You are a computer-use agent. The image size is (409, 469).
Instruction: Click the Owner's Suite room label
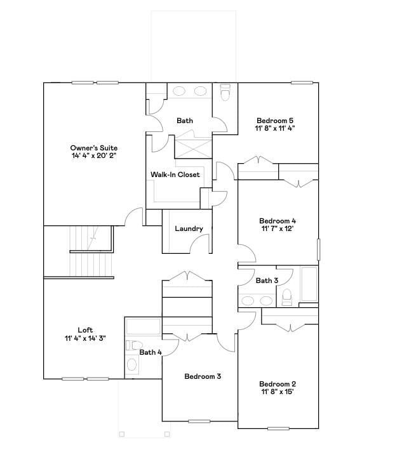pos(94,147)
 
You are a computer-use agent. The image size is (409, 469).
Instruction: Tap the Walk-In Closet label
pos(175,175)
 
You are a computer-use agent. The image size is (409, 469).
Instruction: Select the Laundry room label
pos(189,229)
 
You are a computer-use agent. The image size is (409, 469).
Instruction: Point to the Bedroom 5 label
pos(275,120)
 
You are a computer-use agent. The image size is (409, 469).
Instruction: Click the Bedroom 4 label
pos(278,221)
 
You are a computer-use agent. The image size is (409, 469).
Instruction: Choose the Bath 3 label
pos(267,281)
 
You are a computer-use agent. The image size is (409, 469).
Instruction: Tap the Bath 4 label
pos(151,352)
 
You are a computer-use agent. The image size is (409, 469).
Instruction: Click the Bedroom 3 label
pos(203,376)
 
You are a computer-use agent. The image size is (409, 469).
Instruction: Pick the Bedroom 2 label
pos(278,384)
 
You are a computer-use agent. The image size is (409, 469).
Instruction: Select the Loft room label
pos(85,330)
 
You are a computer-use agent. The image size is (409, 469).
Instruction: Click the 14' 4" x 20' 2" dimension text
pos(94,155)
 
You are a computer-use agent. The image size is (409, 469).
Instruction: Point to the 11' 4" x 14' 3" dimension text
pos(85,338)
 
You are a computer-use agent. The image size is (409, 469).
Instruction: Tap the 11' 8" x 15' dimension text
pos(278,392)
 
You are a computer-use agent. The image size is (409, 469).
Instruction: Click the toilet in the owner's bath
pos(225,93)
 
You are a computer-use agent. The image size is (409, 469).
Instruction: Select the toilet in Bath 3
pos(286,297)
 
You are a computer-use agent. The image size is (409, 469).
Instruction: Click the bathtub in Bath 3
pos(309,284)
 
